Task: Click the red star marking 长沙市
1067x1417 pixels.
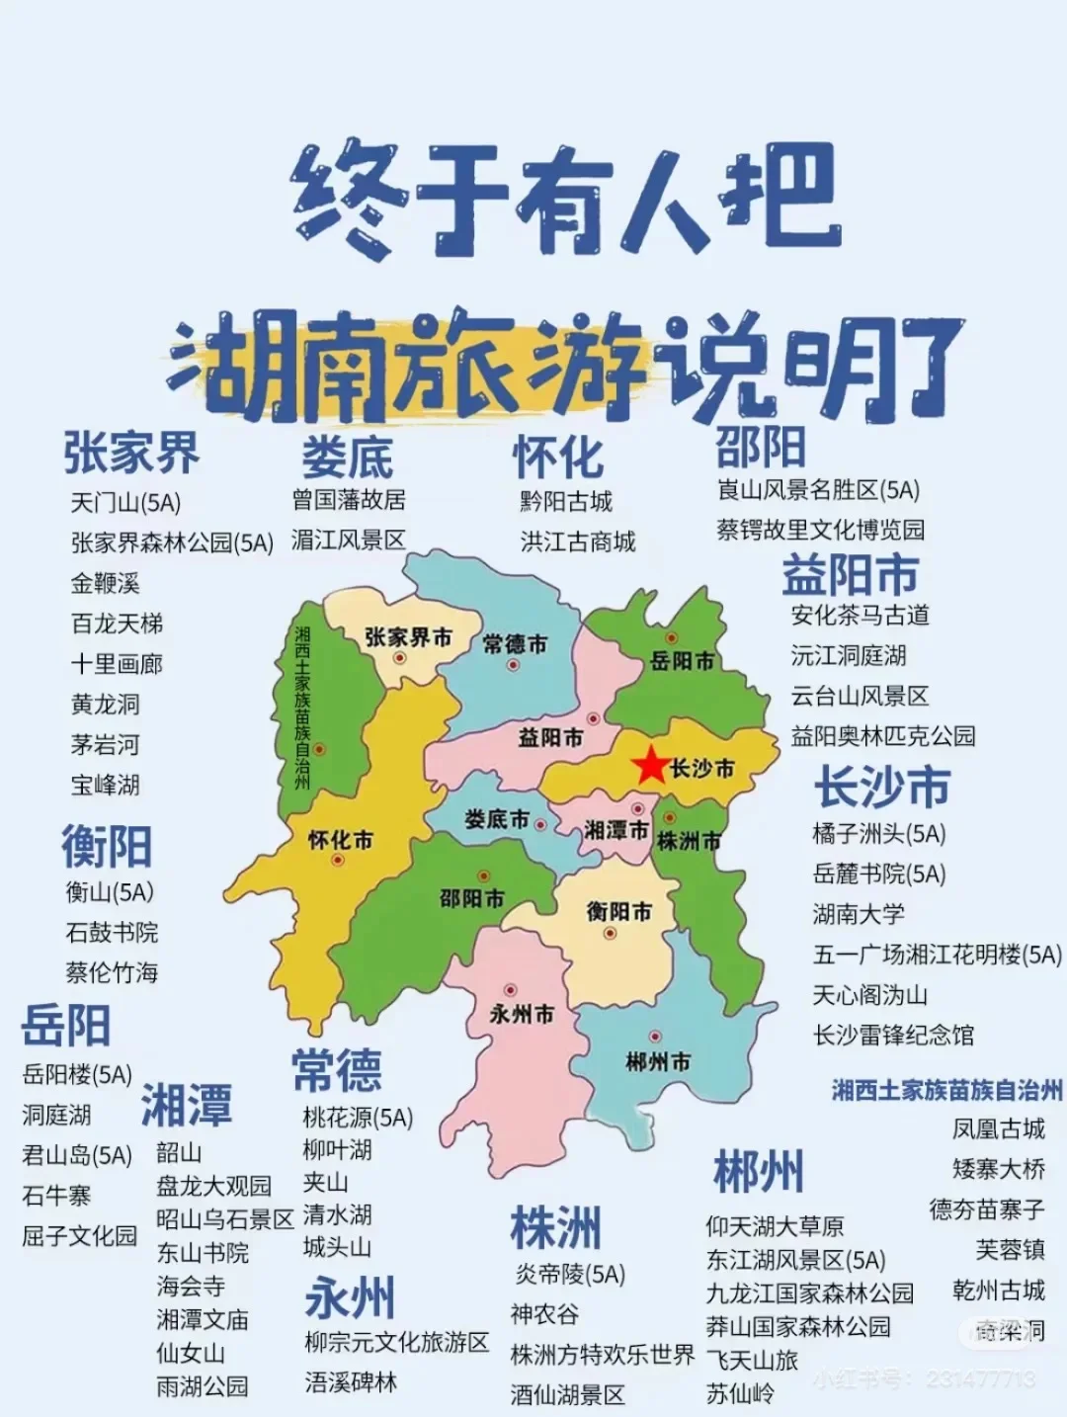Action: (x=650, y=766)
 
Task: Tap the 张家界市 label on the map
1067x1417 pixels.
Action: (x=408, y=638)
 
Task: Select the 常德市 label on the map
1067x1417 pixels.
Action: (x=515, y=644)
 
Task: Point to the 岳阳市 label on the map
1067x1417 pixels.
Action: (x=682, y=660)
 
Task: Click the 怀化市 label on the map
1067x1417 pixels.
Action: (x=341, y=841)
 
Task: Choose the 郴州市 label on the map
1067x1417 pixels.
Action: (x=658, y=1062)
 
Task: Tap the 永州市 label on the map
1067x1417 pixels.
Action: (x=522, y=1014)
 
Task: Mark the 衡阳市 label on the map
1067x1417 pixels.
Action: (x=619, y=911)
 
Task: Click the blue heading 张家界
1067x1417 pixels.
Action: (x=131, y=454)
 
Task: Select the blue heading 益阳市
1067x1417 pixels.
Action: (x=850, y=575)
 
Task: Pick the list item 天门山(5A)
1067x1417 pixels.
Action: (x=125, y=503)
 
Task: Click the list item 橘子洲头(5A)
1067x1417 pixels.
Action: (x=878, y=834)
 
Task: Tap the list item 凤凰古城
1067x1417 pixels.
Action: (x=998, y=1128)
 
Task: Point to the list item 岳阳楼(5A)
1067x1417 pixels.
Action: (x=77, y=1074)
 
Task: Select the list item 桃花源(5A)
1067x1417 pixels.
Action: (x=358, y=1118)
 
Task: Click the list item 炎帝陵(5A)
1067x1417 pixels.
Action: (x=570, y=1275)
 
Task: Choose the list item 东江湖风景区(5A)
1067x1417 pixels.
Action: (x=795, y=1260)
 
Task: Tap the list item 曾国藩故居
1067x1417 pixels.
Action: (x=349, y=500)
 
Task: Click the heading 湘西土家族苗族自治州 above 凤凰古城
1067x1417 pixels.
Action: (x=946, y=1090)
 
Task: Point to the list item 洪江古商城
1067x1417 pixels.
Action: (x=578, y=542)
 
